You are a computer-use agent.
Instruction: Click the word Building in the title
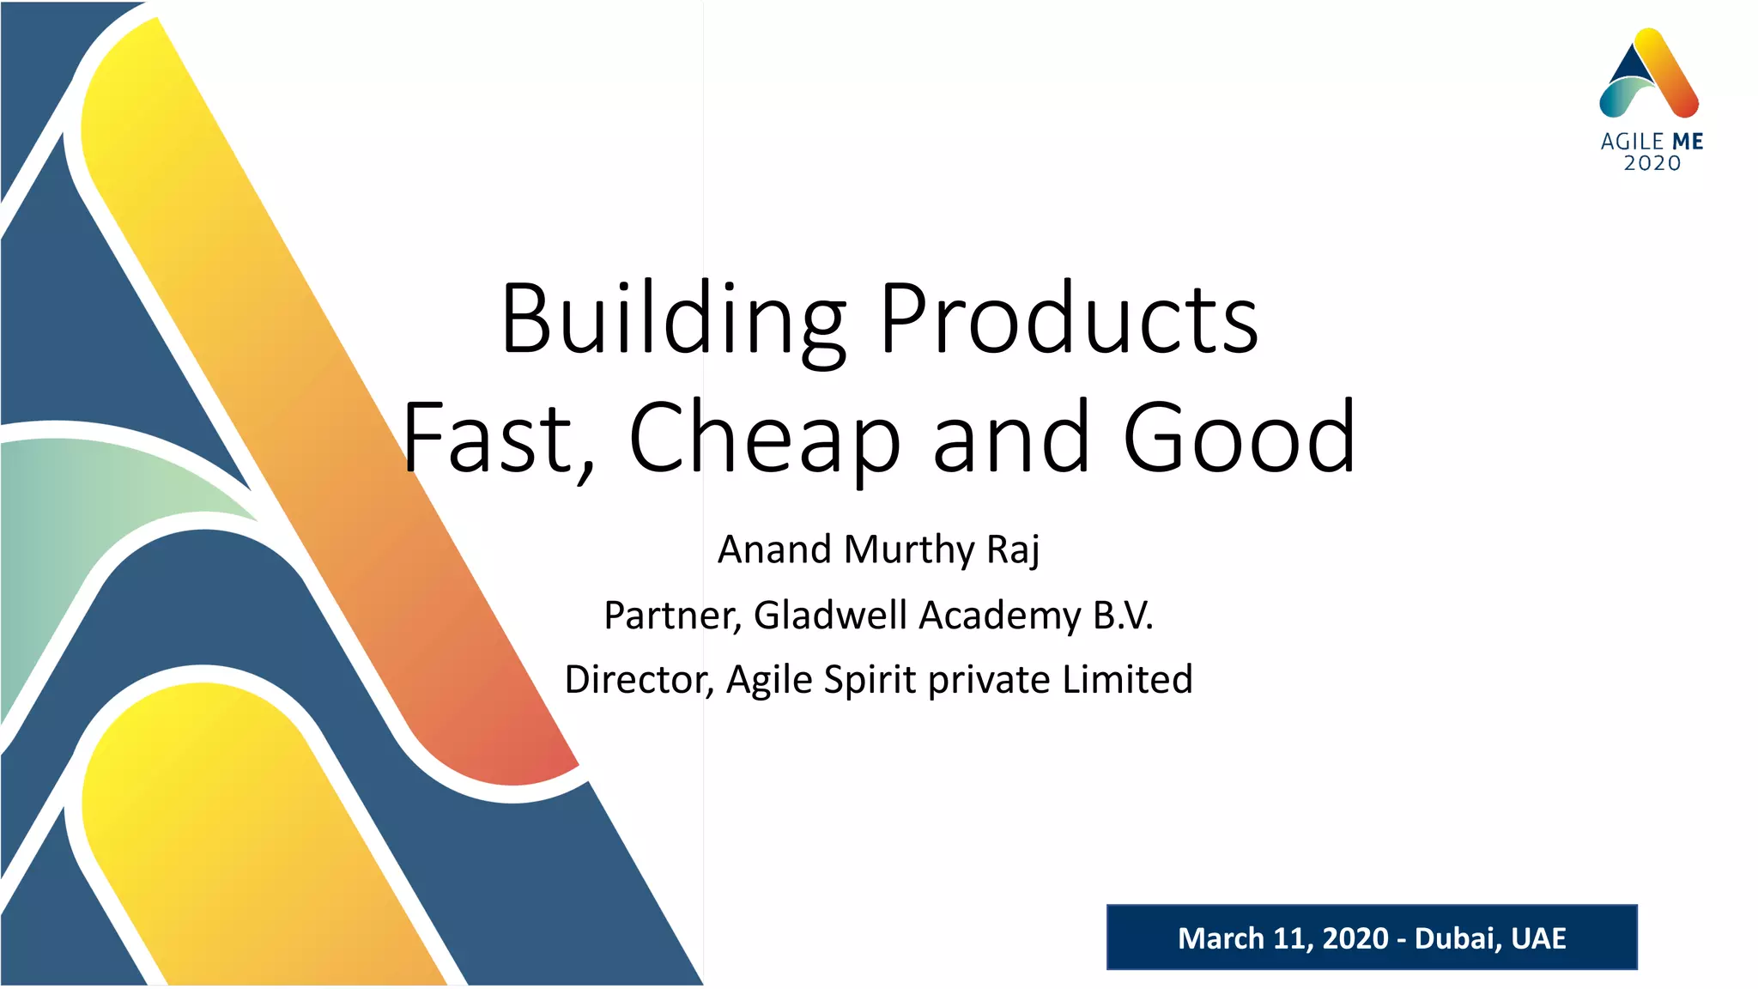tap(674, 319)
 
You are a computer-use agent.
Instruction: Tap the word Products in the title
tap(1069, 319)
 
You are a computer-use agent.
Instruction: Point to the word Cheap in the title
tap(765, 439)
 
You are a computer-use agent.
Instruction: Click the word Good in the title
tap(1239, 439)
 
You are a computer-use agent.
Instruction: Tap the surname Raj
tap(1013, 549)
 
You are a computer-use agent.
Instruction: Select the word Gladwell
tap(830, 615)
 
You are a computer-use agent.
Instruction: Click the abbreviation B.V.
tap(1123, 615)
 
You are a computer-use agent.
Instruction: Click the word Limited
tap(1127, 679)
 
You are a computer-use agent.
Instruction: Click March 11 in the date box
tap(1240, 938)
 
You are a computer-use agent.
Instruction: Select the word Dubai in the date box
tap(1453, 938)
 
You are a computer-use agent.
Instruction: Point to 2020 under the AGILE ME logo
tap(1652, 163)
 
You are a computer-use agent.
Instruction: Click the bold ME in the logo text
tap(1687, 142)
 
